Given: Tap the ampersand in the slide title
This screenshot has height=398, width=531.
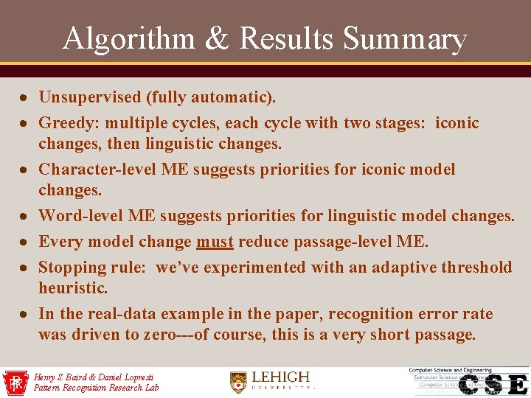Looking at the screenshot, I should (x=218, y=38).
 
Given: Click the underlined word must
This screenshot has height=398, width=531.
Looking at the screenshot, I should (x=214, y=242).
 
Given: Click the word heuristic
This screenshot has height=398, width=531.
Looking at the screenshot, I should (x=72, y=287).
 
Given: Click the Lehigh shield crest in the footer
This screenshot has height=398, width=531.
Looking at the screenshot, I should (x=237, y=381).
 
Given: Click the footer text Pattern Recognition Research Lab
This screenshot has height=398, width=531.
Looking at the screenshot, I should (x=96, y=388).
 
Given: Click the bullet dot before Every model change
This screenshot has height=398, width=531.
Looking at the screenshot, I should (x=25, y=242).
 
